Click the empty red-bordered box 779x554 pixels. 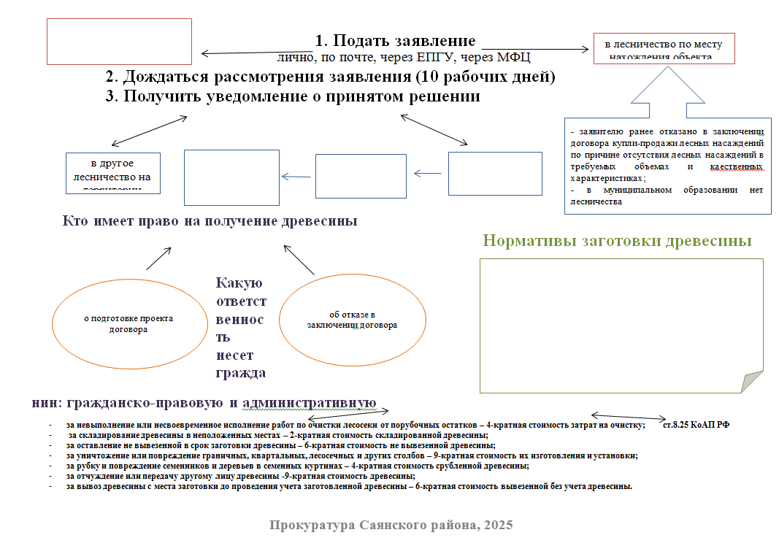click(x=119, y=42)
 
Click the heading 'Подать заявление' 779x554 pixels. click(x=395, y=41)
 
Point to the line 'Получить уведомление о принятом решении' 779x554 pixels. click(x=293, y=97)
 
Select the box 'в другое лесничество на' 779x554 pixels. click(x=113, y=173)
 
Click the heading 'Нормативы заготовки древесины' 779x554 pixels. click(x=618, y=242)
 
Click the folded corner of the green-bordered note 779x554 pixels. click(x=751, y=381)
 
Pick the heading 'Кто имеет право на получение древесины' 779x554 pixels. click(x=210, y=220)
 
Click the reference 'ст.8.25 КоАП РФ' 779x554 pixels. click(x=695, y=424)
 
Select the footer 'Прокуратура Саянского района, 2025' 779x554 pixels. click(x=391, y=525)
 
